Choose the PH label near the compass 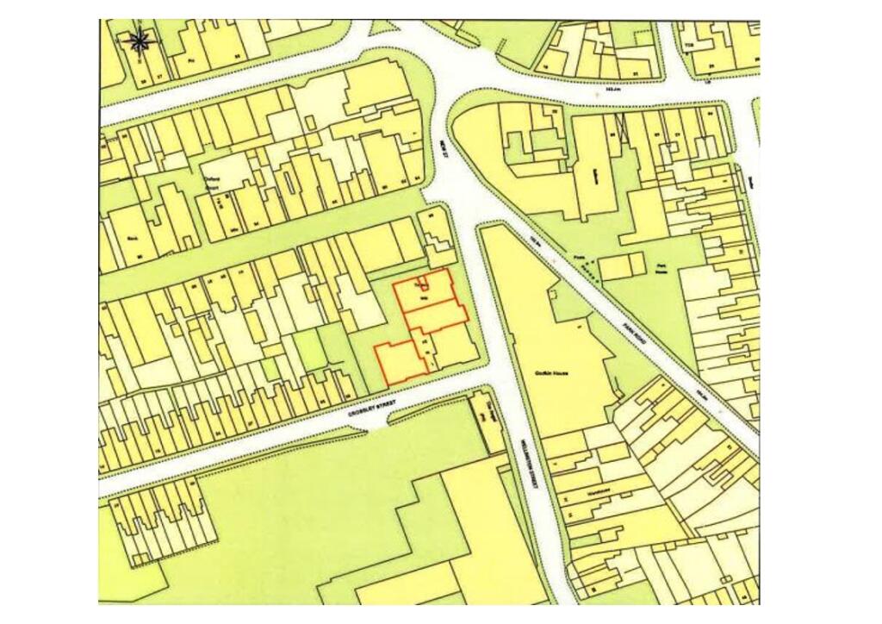191,61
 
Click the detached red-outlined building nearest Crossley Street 401,363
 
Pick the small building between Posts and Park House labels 622,266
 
